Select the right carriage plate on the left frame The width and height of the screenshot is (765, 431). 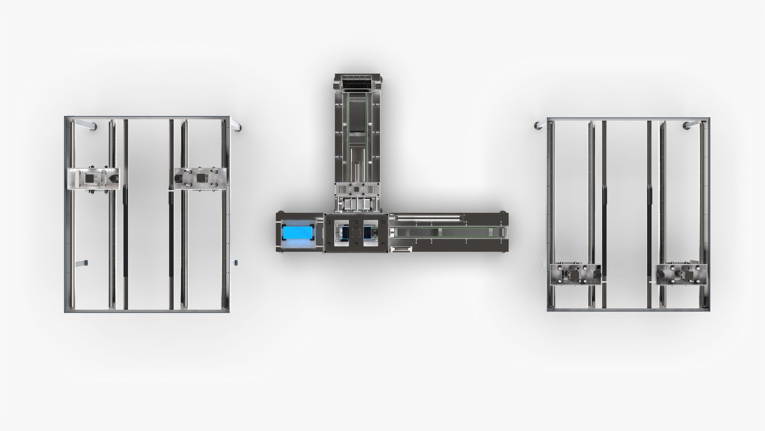click(201, 178)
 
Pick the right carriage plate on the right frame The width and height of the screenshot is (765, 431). click(682, 275)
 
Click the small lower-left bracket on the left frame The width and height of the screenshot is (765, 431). click(83, 263)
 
